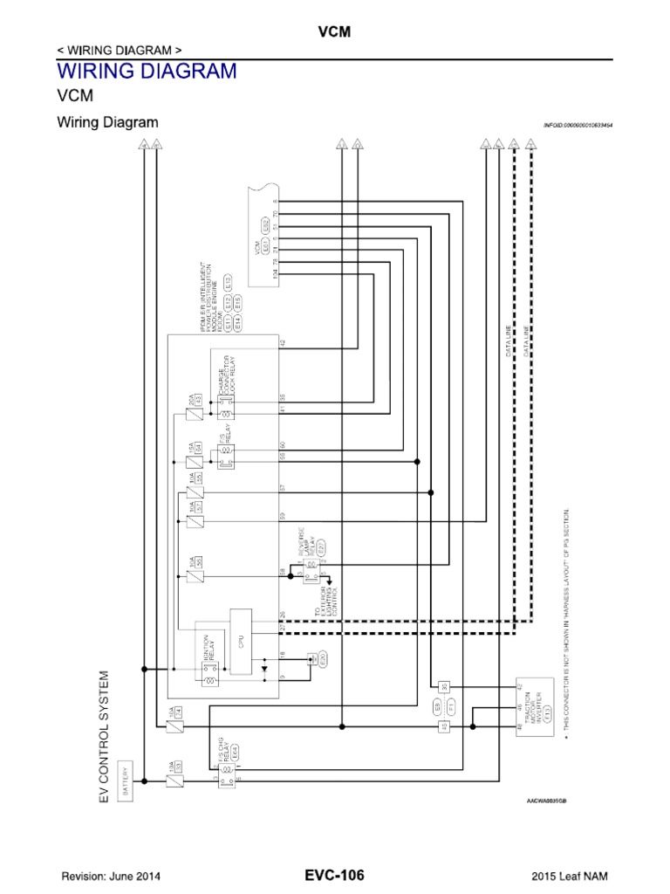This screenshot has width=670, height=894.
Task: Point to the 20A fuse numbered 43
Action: tap(198, 399)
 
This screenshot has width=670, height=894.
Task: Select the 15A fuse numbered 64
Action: tap(198, 448)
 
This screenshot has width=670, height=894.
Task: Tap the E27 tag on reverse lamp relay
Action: tap(321, 547)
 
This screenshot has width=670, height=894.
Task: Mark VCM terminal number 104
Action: tap(275, 272)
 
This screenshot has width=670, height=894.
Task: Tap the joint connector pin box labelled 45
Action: tap(443, 726)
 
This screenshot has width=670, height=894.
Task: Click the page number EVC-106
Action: tap(334, 875)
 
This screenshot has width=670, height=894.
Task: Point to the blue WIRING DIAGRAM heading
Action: tap(147, 71)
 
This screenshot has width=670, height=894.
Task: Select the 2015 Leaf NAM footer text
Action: tap(571, 876)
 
